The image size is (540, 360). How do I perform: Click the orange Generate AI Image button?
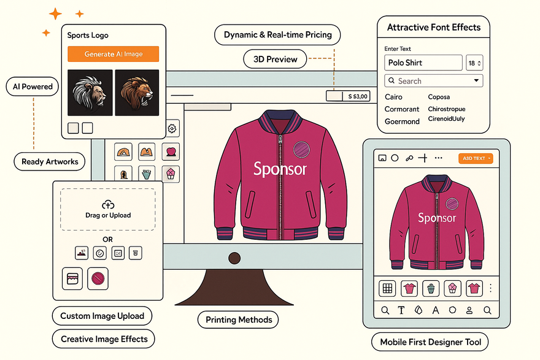tap(113, 54)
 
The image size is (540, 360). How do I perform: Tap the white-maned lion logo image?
tap(90, 92)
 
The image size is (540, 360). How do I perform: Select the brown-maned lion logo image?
tap(136, 92)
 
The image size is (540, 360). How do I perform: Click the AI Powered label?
tap(33, 87)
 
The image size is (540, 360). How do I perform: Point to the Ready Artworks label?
tap(50, 162)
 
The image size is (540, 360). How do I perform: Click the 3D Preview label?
tap(271, 59)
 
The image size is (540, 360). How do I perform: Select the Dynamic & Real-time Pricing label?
tap(277, 35)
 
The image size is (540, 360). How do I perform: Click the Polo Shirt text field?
tap(423, 63)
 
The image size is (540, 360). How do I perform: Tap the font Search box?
tap(433, 81)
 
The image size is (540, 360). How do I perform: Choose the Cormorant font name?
tap(402, 109)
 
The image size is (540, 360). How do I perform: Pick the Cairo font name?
tap(394, 97)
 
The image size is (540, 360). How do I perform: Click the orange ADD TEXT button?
tap(476, 158)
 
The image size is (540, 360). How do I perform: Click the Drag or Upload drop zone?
tap(108, 209)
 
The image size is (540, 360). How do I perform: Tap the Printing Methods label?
tap(238, 320)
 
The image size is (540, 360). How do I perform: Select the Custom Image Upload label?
tap(102, 316)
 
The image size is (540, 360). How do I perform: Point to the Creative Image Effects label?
tap(104, 339)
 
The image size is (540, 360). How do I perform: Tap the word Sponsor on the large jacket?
tap(280, 169)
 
